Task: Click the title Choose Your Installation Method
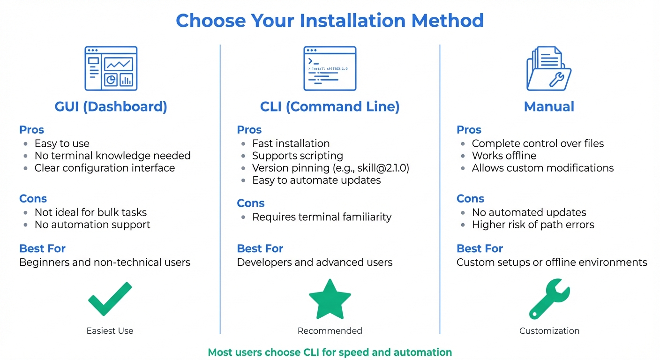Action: [x=330, y=21]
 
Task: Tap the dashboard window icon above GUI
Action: [x=111, y=68]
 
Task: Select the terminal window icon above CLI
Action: [x=330, y=68]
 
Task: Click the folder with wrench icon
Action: [x=549, y=68]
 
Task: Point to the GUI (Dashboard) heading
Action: [x=111, y=107]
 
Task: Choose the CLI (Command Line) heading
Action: [x=330, y=107]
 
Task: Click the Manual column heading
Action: [x=549, y=107]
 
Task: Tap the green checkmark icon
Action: [x=110, y=298]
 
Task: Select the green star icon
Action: [x=330, y=299]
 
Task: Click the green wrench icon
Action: [x=549, y=299]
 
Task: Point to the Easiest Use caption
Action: [x=110, y=331]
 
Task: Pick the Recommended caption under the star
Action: [x=330, y=331]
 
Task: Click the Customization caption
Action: [x=549, y=331]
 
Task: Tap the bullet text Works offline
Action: [x=504, y=156]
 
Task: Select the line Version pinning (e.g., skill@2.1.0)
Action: [x=330, y=168]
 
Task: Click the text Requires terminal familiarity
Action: [x=322, y=217]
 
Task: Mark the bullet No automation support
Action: [x=92, y=225]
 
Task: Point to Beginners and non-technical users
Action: [x=105, y=262]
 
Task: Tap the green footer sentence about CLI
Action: [x=330, y=352]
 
